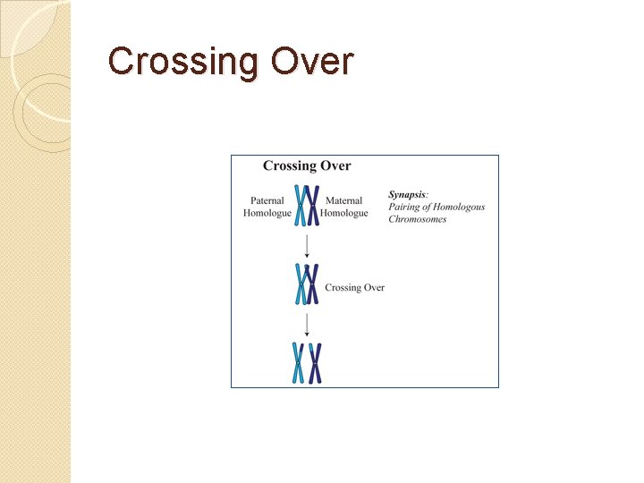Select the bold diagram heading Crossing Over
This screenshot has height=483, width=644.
[307, 165]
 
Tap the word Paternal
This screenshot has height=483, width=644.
[267, 201]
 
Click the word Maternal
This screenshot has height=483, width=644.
[344, 201]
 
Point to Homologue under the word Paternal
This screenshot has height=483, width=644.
[267, 214]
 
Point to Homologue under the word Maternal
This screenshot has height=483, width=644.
[344, 214]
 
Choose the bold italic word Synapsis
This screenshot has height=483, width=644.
[408, 194]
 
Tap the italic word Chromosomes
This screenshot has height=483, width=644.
[417, 219]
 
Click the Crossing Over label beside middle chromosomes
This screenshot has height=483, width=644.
[355, 288]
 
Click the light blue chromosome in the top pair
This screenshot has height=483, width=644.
[301, 206]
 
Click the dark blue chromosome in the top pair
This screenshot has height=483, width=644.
[313, 206]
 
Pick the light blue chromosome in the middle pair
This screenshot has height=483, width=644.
[301, 285]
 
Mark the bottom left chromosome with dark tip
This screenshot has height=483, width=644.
[298, 363]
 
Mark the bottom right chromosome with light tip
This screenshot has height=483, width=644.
[315, 363]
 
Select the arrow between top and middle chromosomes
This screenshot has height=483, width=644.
[307, 245]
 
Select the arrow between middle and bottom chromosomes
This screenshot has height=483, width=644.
[307, 324]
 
